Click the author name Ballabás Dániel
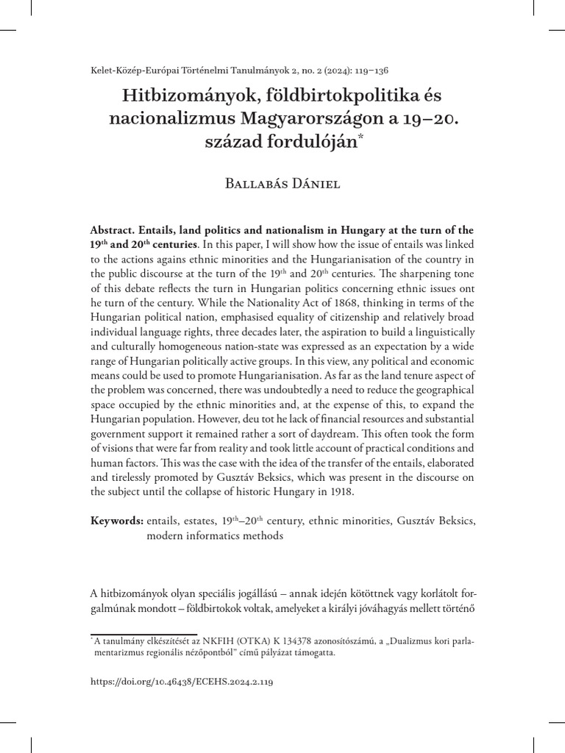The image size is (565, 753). point(282,184)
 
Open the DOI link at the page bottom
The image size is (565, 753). point(181,682)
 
